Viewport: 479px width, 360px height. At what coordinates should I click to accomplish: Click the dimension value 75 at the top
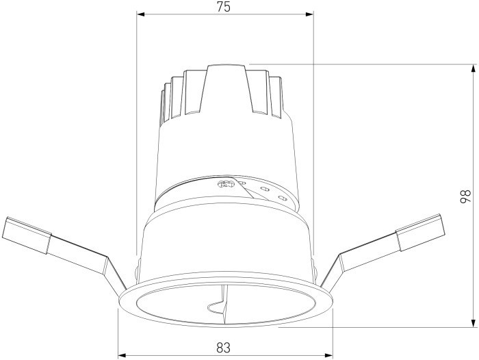(224, 7)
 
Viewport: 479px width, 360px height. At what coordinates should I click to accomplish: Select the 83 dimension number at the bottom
(223, 347)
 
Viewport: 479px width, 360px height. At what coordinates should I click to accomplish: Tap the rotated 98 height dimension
(465, 196)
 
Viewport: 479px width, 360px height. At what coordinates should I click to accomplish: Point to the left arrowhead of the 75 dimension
(141, 14)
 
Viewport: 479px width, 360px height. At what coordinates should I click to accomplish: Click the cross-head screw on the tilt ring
(224, 183)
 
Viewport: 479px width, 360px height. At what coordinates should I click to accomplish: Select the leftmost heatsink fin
(165, 103)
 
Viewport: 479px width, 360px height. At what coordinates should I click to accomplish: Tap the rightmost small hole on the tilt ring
(281, 198)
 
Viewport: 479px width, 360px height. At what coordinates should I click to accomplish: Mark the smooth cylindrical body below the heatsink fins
(226, 147)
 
